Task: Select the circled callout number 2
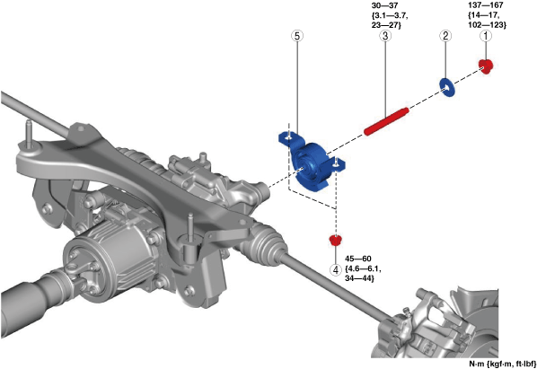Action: [x=445, y=36]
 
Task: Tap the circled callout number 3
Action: [x=385, y=36]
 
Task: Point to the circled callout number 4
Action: [x=336, y=269]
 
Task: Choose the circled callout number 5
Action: [x=297, y=36]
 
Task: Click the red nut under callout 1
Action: [x=486, y=66]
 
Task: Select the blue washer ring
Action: [x=447, y=87]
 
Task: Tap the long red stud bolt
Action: [x=386, y=121]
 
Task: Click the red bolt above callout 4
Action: [x=335, y=240]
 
